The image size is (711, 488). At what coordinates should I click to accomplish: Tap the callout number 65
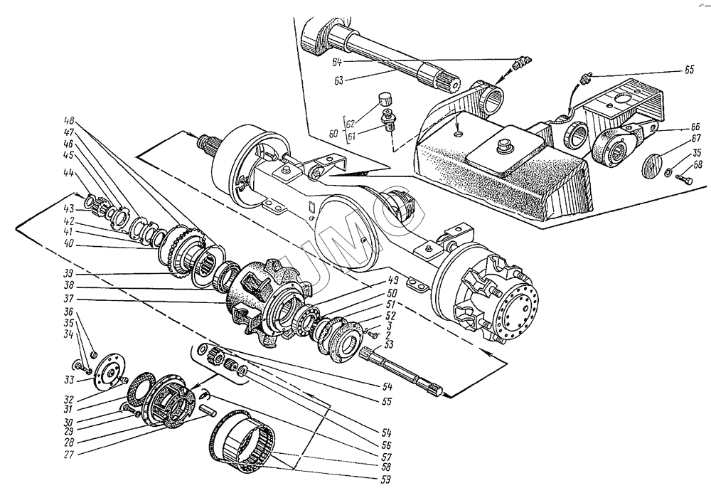pyautogui.click(x=690, y=72)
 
